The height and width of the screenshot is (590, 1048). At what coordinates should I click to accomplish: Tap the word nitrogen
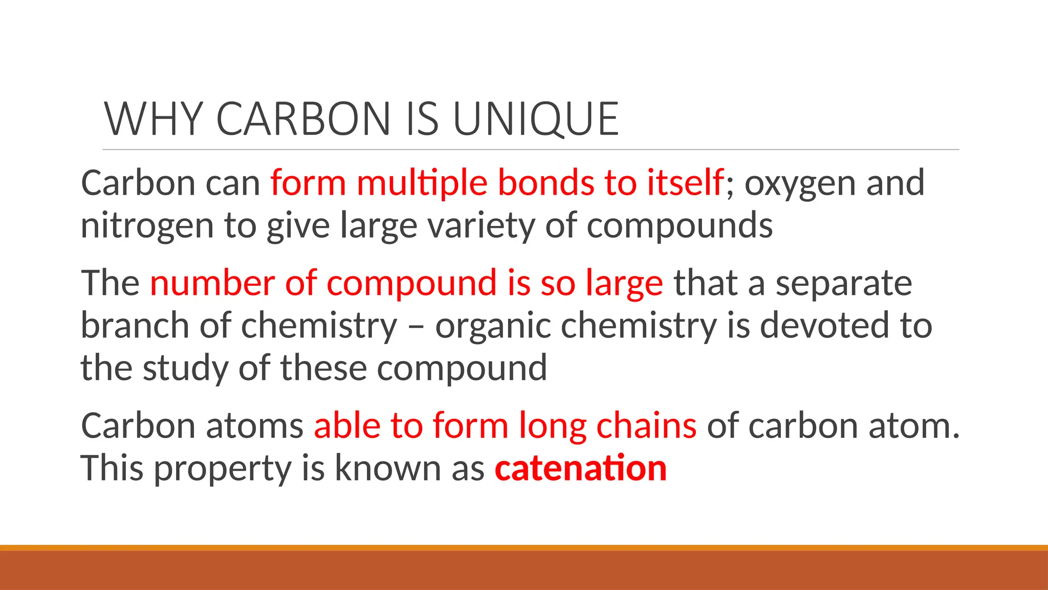[x=147, y=226]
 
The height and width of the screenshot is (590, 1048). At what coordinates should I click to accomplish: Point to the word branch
[x=135, y=325]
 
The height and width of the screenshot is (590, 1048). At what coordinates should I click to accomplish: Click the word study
[x=185, y=369]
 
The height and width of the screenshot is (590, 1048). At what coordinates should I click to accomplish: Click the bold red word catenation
[x=581, y=468]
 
